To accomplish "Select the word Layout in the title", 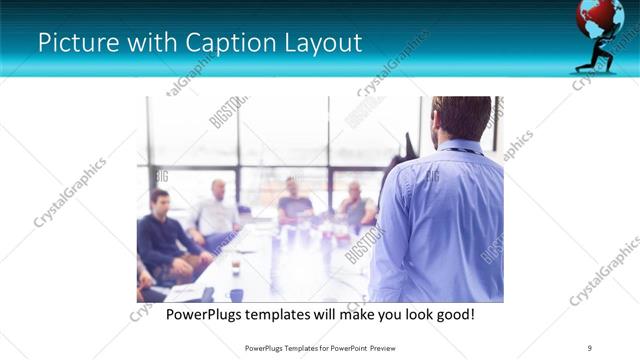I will [x=320, y=43].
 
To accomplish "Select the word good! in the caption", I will [x=452, y=314].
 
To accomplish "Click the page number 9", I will [x=590, y=347].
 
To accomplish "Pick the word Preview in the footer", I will [x=379, y=347].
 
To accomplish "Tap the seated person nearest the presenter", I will [x=355, y=205].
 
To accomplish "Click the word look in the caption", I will [x=409, y=314].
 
